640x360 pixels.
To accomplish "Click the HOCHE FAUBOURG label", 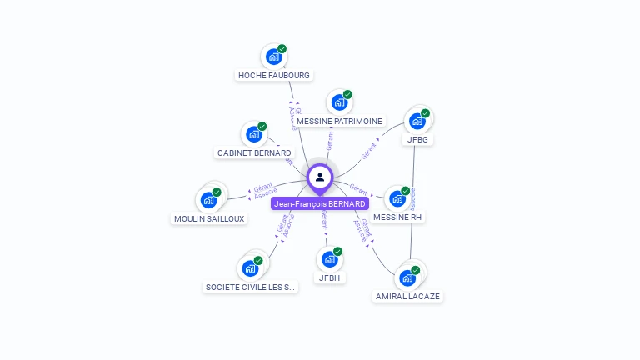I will pos(274,76).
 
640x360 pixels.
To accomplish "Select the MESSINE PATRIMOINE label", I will pos(339,122).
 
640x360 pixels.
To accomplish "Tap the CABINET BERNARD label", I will pos(254,153).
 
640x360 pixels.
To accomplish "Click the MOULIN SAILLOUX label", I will pos(209,219).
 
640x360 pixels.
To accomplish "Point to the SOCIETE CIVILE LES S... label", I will pos(250,287).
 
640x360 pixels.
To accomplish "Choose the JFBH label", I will pos(329,278).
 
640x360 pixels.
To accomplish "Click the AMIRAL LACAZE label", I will pos(407,297).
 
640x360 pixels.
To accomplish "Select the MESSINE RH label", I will pos(397,217).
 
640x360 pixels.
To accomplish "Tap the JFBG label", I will pos(417,140).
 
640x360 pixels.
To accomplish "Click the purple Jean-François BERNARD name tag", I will pos(320,204).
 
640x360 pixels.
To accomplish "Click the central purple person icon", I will pos(320,177).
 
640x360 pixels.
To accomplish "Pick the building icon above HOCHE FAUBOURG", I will pos(273,57).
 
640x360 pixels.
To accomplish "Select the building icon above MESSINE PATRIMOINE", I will pos(338,102).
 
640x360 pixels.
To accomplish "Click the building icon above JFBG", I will pos(417,121).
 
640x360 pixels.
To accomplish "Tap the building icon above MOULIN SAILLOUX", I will pos(208,200).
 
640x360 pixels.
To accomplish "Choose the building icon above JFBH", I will pos(329,259).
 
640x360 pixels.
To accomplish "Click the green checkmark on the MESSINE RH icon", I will pos(406,191).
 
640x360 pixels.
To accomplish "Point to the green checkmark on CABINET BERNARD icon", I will pos(262,127).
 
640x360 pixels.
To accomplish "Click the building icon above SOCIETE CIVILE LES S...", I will pos(249,268).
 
